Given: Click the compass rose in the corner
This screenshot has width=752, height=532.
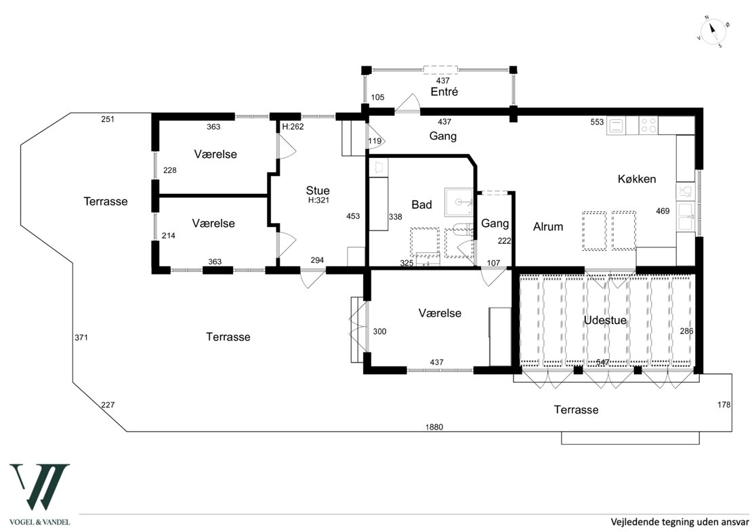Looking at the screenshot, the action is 713,33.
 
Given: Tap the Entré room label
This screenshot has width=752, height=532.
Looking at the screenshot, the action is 444,91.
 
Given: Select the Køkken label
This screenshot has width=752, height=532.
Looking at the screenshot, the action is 636,179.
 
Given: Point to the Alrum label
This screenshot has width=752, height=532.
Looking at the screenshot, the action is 547,226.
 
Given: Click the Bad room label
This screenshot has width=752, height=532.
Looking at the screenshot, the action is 421,205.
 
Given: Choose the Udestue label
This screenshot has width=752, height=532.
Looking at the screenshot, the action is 605,320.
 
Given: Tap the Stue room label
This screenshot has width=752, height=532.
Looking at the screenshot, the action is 318,190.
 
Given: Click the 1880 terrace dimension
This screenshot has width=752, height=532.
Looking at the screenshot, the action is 434,427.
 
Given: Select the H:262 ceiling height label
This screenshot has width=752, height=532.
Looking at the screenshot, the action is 293,127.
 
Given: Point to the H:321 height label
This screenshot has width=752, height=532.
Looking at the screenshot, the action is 318,201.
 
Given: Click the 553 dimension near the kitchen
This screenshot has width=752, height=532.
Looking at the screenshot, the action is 597,123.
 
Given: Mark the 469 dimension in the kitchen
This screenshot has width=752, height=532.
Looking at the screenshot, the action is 663,211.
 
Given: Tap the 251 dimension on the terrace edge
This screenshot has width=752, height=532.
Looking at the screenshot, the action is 108,119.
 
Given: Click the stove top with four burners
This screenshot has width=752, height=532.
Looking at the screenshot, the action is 648,125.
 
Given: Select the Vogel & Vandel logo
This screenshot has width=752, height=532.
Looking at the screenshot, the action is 40,494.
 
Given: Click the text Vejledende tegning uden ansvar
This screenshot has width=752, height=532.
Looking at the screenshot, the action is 680,521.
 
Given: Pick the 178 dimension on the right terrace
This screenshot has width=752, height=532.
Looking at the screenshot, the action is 724,405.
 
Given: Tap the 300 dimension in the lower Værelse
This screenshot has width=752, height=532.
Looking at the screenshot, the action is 379,331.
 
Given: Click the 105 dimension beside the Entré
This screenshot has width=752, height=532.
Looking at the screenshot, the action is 377,98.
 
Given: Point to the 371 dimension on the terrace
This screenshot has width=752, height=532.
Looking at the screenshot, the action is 81,337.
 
